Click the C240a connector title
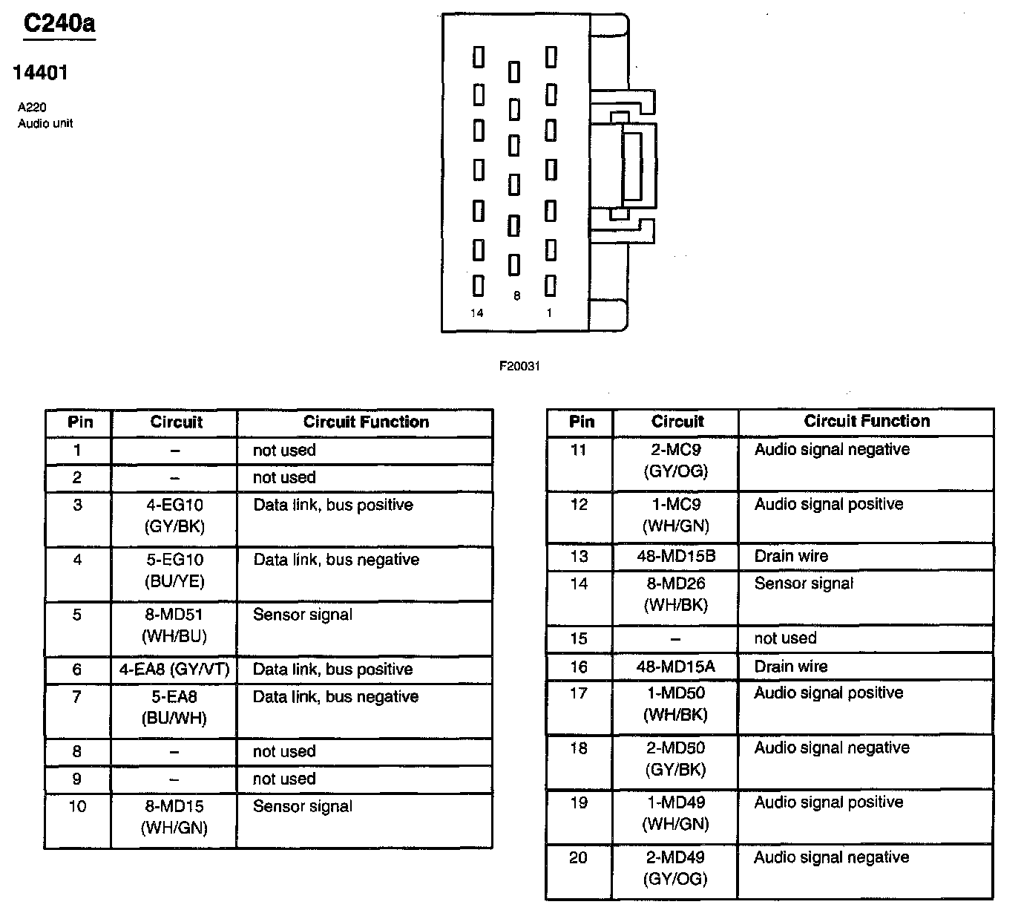click(59, 24)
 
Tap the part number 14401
click(41, 73)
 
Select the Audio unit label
click(45, 123)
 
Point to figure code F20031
click(519, 366)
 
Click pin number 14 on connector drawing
click(477, 313)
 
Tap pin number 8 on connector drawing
click(516, 296)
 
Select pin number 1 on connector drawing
click(549, 313)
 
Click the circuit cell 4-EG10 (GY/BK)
click(175, 516)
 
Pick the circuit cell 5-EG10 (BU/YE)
click(175, 571)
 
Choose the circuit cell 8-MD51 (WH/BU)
click(175, 625)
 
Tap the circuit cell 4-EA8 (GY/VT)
click(175, 670)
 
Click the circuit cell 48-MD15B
click(676, 556)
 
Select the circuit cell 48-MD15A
click(676, 667)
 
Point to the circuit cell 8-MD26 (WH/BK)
click(676, 595)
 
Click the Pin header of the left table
click(80, 422)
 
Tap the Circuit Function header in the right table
click(867, 421)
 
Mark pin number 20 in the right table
click(578, 858)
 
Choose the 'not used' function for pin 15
click(785, 638)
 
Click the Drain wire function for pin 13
click(791, 556)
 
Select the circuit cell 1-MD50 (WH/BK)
click(676, 704)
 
